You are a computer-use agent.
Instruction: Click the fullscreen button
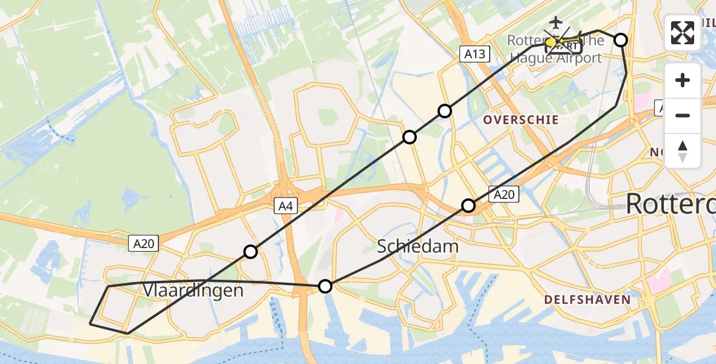(x=683, y=33)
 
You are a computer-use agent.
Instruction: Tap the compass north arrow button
(x=683, y=151)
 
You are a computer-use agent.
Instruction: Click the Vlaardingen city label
(x=193, y=291)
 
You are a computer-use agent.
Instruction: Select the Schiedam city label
(x=418, y=246)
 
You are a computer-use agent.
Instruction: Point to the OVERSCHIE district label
(x=521, y=120)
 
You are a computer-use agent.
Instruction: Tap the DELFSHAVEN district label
(x=587, y=299)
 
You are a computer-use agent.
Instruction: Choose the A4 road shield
(x=285, y=206)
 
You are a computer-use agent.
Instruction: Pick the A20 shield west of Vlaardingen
(x=144, y=244)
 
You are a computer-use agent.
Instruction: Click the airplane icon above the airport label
(x=554, y=22)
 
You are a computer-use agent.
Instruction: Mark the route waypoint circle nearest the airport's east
(x=621, y=40)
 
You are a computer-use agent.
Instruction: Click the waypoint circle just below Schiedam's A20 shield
(x=468, y=206)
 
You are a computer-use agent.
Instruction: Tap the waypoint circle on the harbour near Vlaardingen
(x=326, y=286)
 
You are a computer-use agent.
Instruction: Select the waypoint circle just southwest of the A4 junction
(x=251, y=251)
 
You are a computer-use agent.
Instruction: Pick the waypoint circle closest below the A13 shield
(x=445, y=110)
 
